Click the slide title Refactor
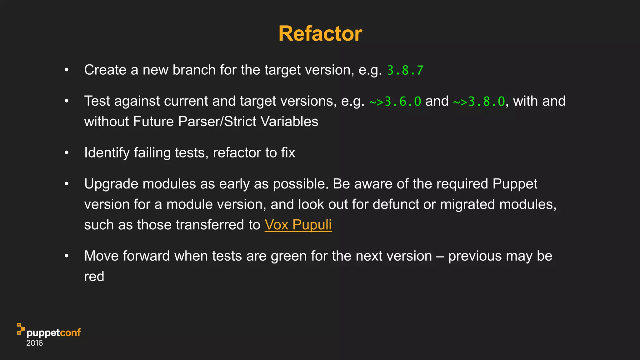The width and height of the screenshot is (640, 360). pos(320,33)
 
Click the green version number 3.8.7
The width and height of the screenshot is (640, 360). pos(405,70)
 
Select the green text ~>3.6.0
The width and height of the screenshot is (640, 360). pos(395,102)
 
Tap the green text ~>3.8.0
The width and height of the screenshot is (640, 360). pos(479,102)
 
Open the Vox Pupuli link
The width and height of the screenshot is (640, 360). pos(298,225)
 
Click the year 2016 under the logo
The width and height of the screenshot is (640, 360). pos(34,343)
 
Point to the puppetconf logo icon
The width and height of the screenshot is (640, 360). pos(21,329)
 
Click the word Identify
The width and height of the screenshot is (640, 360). pos(107,153)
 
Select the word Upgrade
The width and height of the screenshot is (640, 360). pos(111,184)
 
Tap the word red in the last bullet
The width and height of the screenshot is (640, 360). pos(94,277)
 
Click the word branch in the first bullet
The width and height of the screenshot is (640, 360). pos(194,70)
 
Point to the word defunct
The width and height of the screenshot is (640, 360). pos(395,204)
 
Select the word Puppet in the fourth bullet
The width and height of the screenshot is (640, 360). pos(515,184)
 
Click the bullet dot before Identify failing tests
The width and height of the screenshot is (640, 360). pos(66,153)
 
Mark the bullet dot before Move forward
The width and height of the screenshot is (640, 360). pos(66,256)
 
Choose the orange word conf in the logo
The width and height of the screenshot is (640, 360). pos(70,332)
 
